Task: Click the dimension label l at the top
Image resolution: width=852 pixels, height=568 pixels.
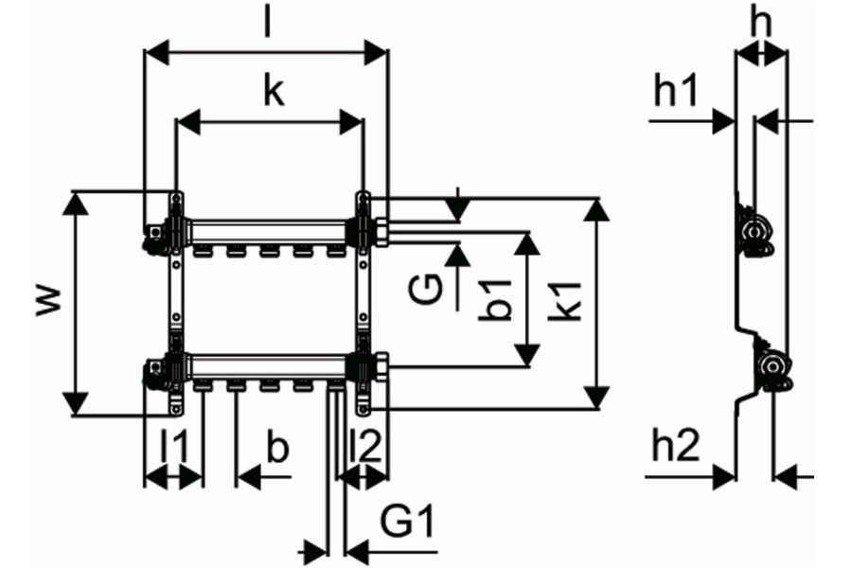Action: pos(267,21)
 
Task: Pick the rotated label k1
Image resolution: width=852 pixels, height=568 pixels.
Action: pos(566,301)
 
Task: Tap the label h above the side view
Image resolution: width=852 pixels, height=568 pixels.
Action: pos(760,23)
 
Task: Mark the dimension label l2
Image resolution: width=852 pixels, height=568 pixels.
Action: pos(366,445)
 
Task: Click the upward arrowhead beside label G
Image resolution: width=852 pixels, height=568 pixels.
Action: pos(458,256)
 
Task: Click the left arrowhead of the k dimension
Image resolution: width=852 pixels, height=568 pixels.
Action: pos(189,121)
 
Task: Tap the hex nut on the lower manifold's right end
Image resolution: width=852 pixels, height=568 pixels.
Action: pos(380,367)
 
